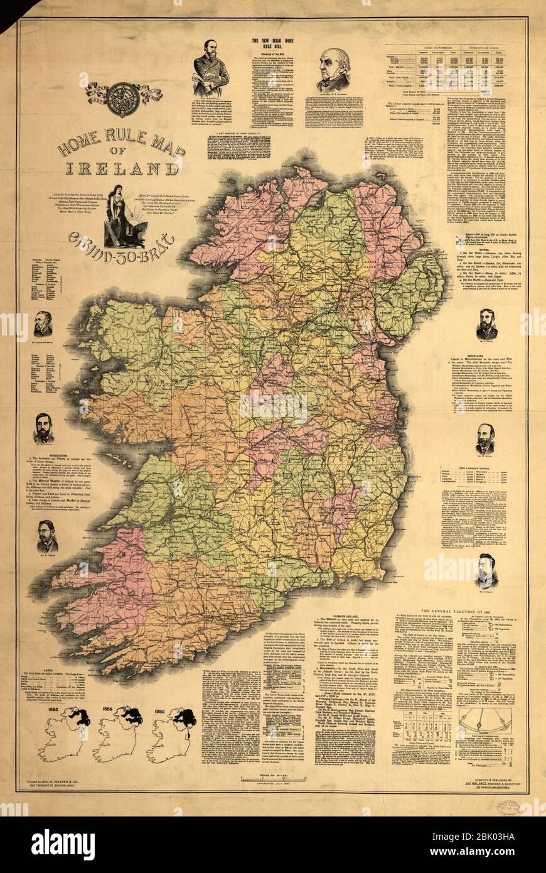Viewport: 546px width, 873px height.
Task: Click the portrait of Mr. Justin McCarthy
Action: click(43, 325)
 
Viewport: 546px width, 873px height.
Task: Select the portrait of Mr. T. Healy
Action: click(486, 569)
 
